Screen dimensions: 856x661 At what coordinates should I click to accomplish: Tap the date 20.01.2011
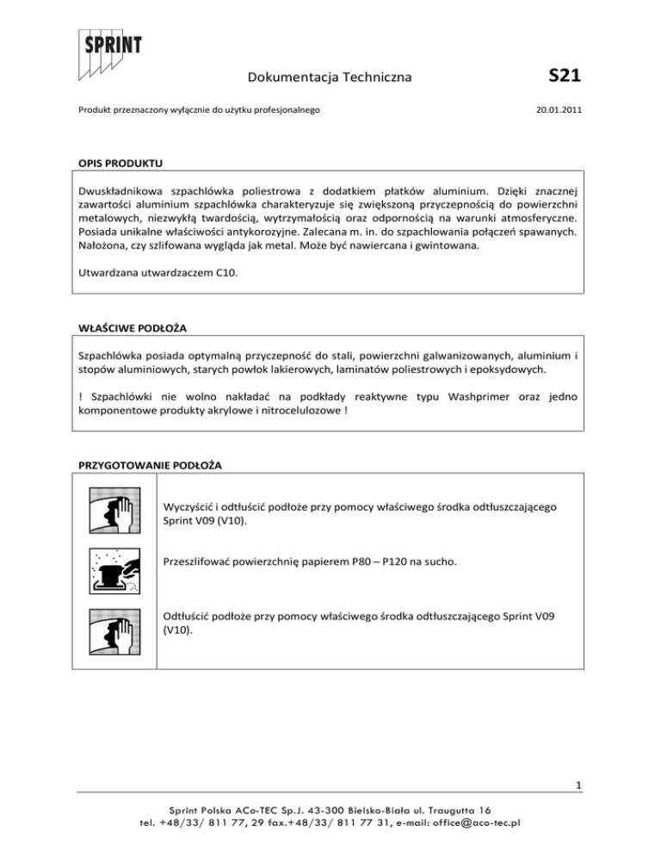tap(558, 111)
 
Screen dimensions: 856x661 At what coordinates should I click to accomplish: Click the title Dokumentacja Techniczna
tap(328, 79)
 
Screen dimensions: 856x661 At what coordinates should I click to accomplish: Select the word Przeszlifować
tap(199, 561)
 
